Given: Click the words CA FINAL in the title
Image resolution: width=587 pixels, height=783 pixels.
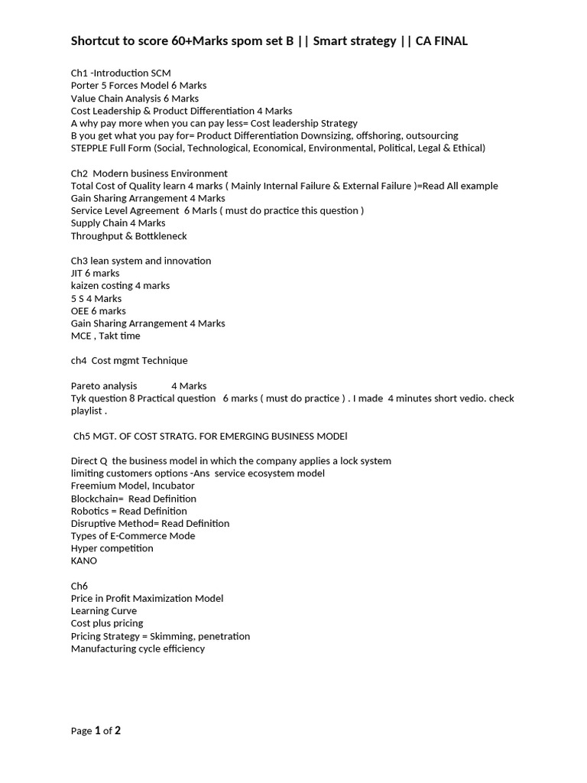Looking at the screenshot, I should click(x=441, y=41).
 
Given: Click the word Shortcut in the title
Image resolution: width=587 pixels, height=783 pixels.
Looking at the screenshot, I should click(x=96, y=41).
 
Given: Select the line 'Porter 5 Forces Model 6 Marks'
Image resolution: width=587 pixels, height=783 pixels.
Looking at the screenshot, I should click(x=138, y=86).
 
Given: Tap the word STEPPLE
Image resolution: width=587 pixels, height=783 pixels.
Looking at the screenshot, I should click(x=90, y=148).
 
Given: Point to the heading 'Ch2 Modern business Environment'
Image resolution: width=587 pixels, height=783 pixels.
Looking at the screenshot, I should click(x=149, y=174).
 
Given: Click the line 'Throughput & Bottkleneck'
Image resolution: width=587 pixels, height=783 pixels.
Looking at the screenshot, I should click(x=128, y=236).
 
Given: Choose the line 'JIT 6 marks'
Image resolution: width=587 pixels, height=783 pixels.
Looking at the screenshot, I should click(x=95, y=273).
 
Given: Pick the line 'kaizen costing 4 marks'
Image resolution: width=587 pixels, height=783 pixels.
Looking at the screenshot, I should click(x=120, y=285).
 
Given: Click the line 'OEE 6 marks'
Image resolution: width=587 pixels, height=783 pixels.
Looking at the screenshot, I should click(x=98, y=310).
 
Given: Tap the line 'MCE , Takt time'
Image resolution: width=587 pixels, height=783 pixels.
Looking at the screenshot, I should click(x=105, y=336).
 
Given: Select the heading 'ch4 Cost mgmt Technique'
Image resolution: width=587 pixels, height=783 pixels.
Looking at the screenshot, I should click(x=128, y=360).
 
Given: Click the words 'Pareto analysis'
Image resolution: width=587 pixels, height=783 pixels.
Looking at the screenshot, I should click(x=104, y=385).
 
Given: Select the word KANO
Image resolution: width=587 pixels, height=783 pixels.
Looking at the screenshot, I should click(x=84, y=560).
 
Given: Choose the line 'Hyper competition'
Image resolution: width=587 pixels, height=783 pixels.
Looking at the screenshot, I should click(x=112, y=548).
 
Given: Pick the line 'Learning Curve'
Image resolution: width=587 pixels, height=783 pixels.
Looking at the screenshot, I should click(x=104, y=611).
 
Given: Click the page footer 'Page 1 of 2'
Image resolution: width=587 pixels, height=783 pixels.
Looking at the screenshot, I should click(x=96, y=731).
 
